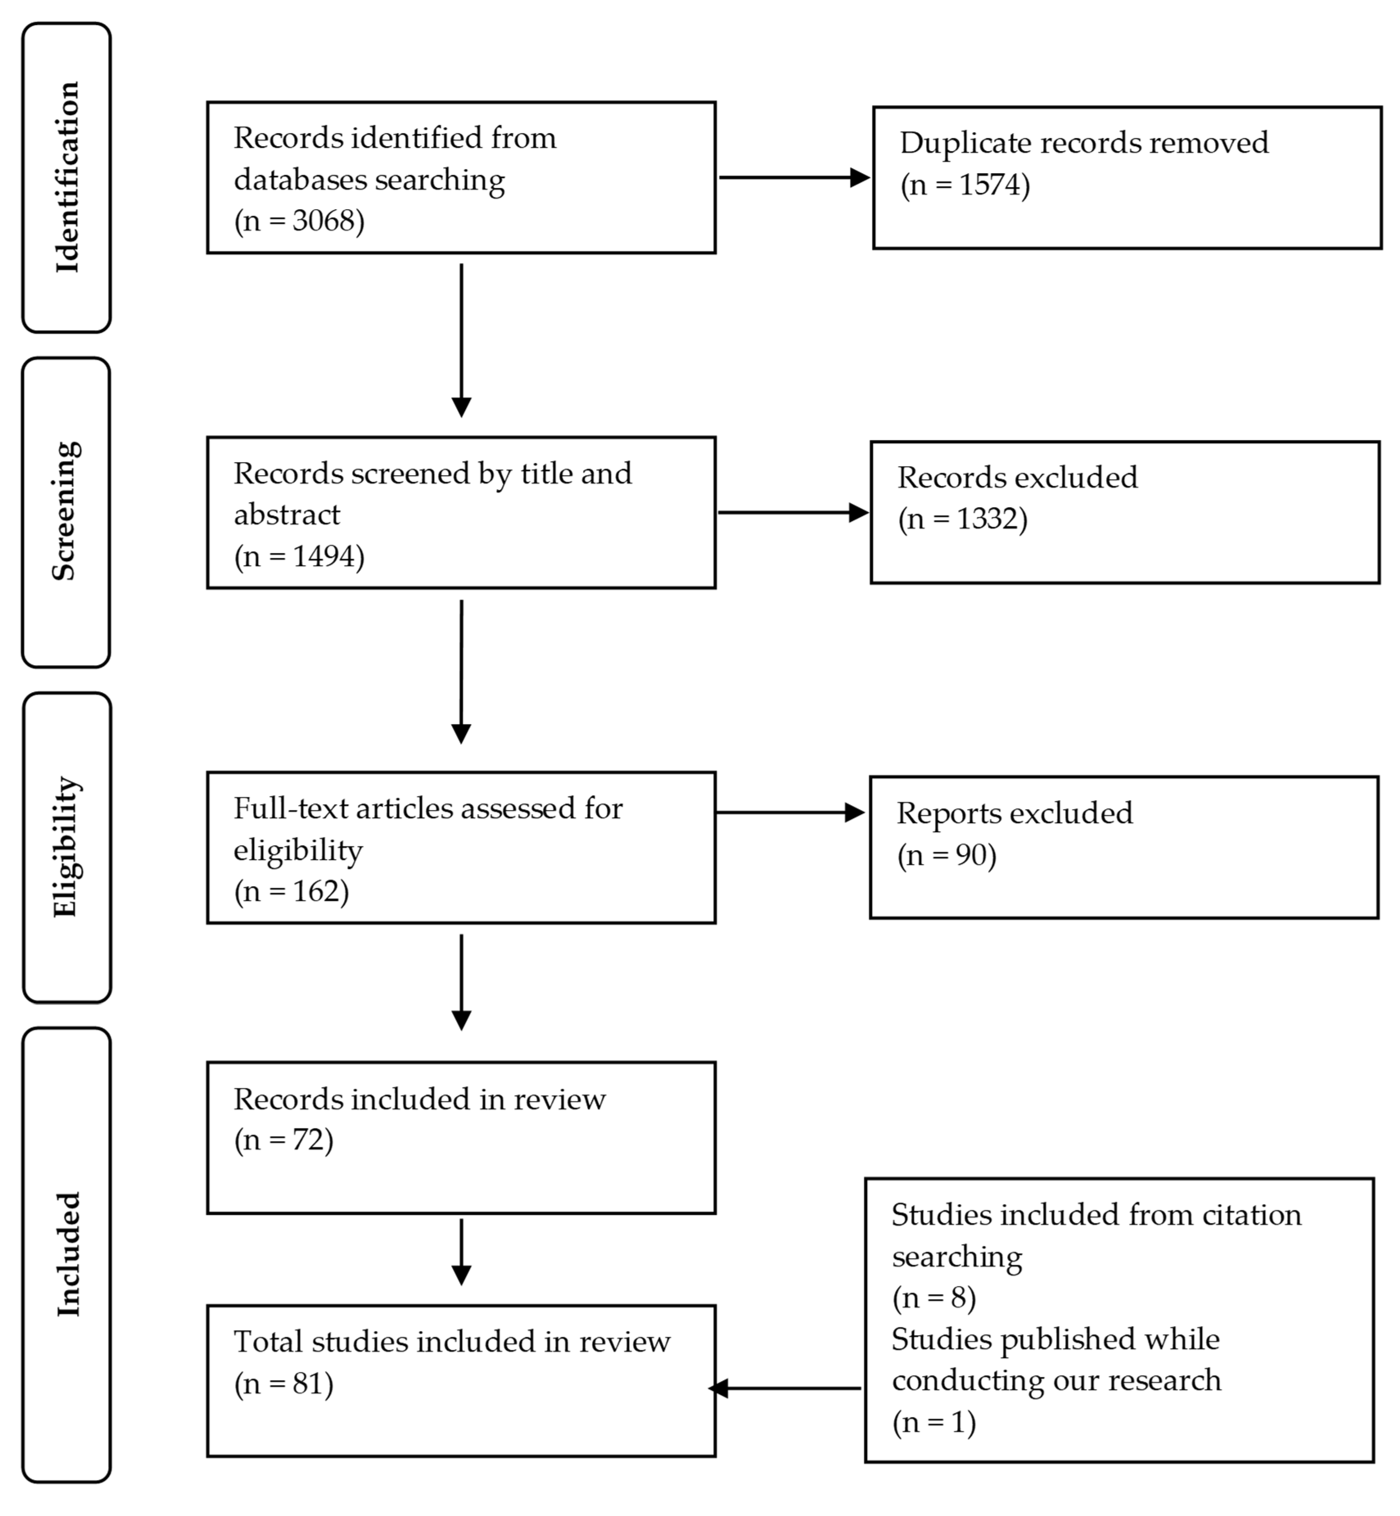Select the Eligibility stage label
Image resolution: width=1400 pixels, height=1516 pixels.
coord(67,847)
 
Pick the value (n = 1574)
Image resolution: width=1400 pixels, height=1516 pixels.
coord(965,185)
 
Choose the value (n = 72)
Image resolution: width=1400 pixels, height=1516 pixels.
coord(284,1140)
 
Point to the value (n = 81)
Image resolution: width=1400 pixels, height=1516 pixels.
coord(284,1384)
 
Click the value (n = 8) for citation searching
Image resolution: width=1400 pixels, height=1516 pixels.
coord(934,1298)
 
